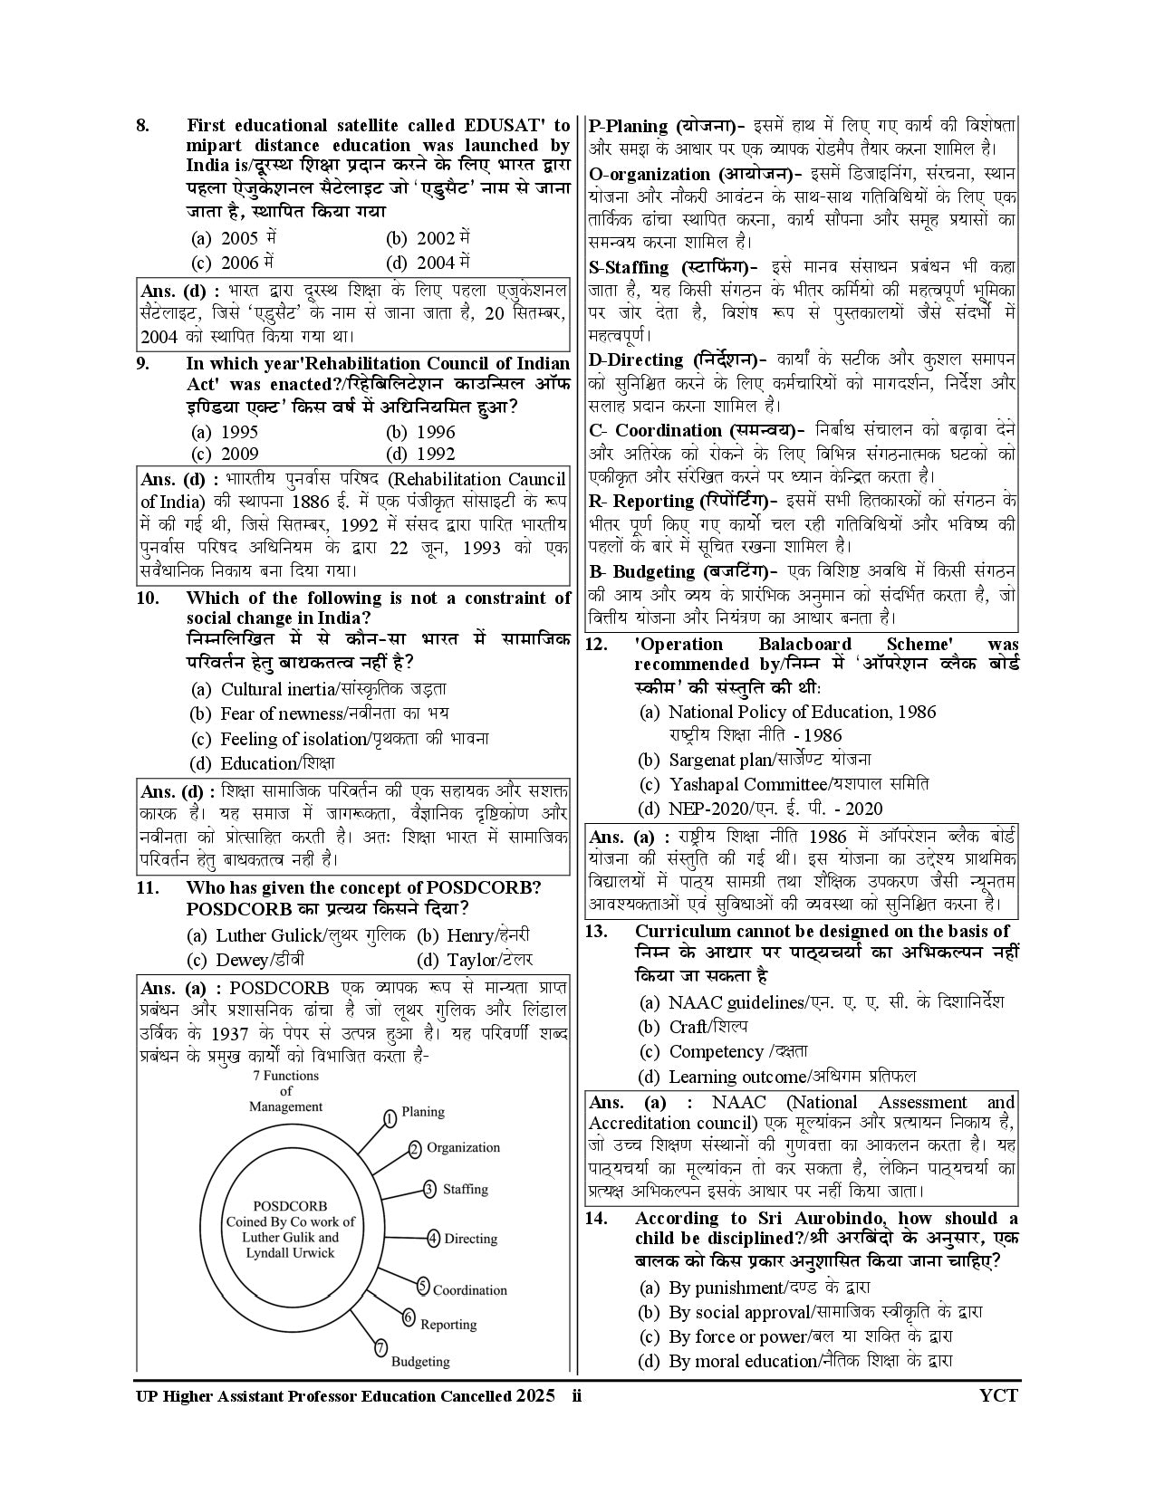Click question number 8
pos(142,125)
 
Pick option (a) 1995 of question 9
pos(226,432)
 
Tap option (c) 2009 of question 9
pos(226,454)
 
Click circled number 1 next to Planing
pos(390,1118)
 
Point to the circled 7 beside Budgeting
pos(380,1346)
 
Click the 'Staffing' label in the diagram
pos(465,1189)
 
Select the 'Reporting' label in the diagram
pos(448,1324)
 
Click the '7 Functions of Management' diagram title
pos(285,1091)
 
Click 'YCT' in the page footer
pos(998,1395)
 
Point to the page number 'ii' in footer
pos(577,1395)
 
